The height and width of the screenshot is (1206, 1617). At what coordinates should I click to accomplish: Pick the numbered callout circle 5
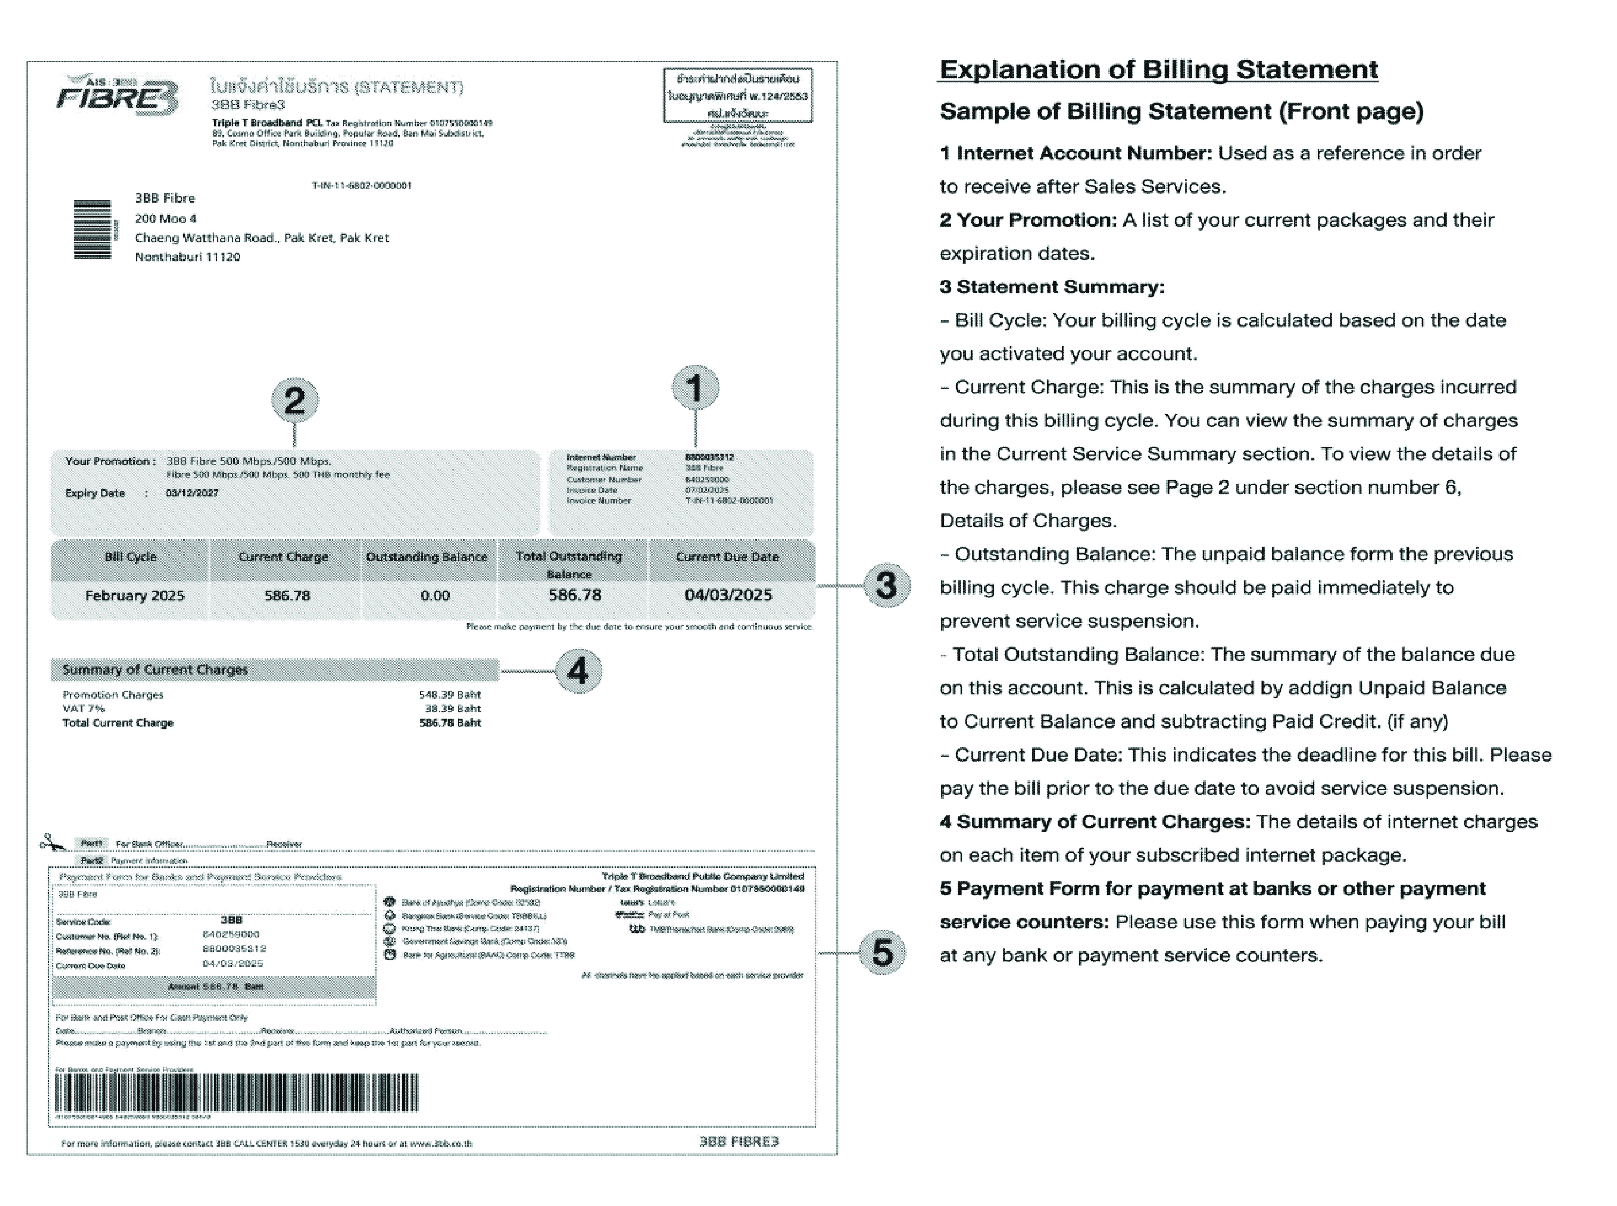[882, 953]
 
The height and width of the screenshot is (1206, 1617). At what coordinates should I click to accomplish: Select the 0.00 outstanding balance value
[435, 596]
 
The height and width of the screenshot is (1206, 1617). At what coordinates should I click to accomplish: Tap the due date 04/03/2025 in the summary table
[728, 595]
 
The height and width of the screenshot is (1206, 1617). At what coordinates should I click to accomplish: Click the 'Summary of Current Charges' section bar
[275, 669]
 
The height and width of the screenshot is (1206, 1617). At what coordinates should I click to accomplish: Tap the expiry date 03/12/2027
[192, 493]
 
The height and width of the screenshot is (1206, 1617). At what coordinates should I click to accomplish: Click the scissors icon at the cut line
[52, 843]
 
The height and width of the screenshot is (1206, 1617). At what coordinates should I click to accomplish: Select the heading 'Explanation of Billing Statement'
[1159, 70]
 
